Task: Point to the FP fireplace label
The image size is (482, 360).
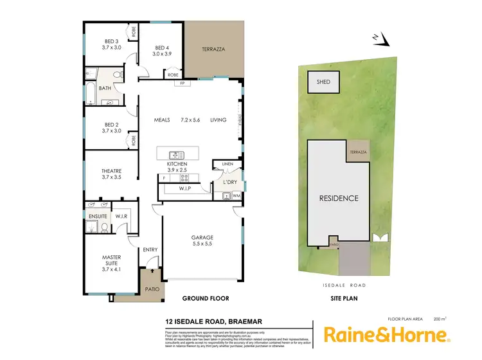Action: [182, 84]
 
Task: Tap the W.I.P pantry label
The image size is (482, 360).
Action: [184, 189]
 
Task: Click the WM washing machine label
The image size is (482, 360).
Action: [236, 195]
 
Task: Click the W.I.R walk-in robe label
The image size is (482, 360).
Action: [121, 216]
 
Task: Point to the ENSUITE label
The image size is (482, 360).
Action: [98, 216]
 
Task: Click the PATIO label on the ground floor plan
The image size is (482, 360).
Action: [152, 289]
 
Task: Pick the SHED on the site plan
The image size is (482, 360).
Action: [323, 82]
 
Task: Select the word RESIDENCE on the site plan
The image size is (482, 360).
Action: [339, 198]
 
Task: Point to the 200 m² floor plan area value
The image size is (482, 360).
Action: [440, 318]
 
